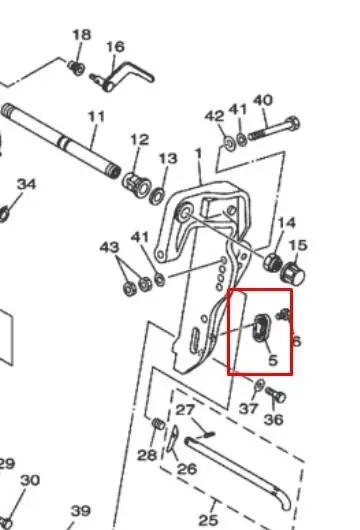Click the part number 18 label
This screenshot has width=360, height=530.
82,34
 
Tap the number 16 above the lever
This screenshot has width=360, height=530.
115,47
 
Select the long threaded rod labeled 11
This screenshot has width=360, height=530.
61,141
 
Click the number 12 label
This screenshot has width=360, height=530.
140,139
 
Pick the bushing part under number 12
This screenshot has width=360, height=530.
136,184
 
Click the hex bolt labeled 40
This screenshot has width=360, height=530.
274,129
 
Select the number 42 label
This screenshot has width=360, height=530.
214,116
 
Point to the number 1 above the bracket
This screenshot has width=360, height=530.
198,154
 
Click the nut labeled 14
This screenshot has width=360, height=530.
273,262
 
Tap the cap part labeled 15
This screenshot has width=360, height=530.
293,273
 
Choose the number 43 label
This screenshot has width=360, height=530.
109,247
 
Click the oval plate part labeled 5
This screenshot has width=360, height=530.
261,328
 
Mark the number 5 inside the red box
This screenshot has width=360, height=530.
273,360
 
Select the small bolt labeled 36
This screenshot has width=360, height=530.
276,395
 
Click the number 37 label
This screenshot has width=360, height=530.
248,409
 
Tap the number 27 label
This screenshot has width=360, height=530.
185,410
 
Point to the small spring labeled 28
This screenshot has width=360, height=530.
158,424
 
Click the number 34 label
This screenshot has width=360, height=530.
26,184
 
